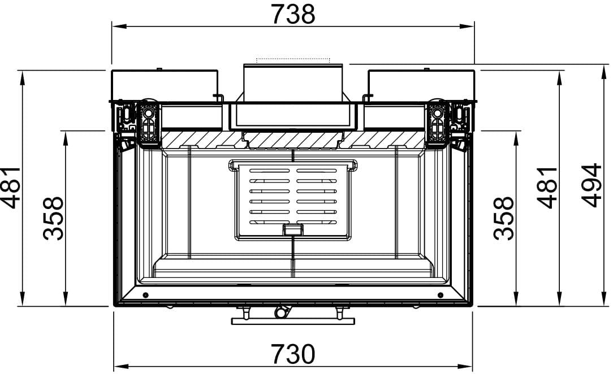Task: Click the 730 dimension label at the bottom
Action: (293, 354)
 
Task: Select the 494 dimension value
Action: (591, 185)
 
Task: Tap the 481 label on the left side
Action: (11, 188)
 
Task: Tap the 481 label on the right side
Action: (547, 188)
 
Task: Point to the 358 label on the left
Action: (53, 218)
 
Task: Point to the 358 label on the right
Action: (503, 218)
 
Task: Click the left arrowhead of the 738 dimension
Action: (119, 27)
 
